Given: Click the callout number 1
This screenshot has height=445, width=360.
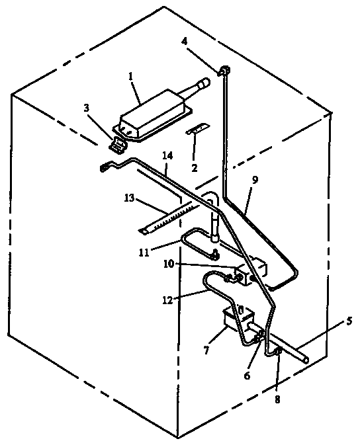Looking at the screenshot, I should coord(131,77).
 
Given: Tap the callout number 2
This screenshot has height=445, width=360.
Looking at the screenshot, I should coord(195,168).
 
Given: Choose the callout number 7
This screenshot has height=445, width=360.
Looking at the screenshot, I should coord(206,349).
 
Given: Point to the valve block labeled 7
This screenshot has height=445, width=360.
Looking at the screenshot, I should coord(236,321).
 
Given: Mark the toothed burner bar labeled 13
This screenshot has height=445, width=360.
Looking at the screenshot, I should coord(169,218).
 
